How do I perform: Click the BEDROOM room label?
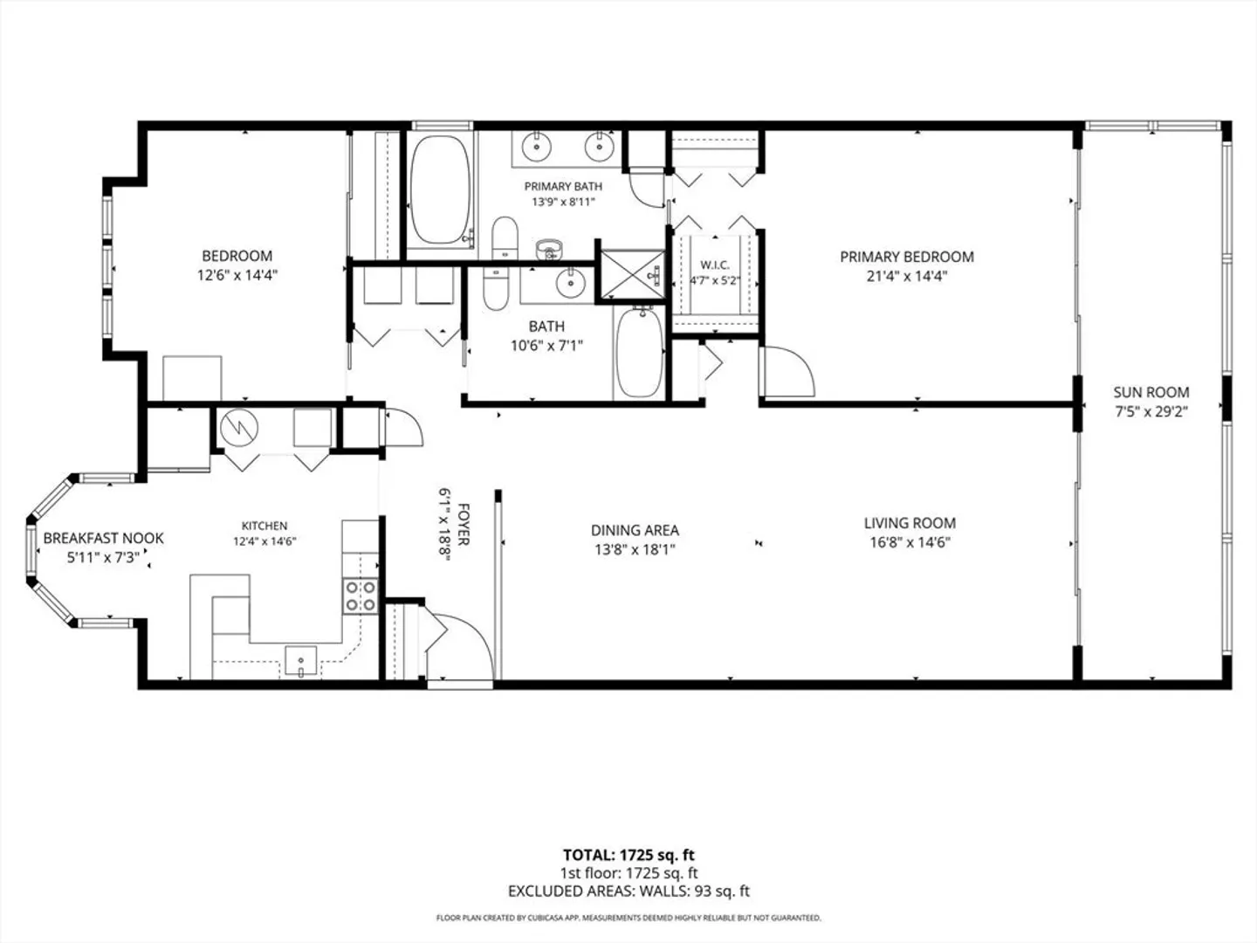(237, 255)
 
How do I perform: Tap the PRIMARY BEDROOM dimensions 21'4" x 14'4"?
(907, 276)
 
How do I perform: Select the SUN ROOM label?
(1151, 392)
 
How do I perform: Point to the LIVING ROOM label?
(910, 523)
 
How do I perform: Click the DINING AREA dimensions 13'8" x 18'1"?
(635, 550)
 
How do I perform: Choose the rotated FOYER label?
(464, 525)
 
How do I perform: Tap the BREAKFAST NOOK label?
(104, 538)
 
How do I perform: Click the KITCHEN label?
(264, 526)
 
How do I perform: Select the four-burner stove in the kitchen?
(361, 596)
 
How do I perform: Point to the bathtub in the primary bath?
(440, 189)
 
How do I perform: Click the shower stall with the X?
(632, 274)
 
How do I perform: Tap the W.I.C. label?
(715, 265)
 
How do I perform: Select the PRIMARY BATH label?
(564, 186)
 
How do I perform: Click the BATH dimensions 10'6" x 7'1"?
(547, 345)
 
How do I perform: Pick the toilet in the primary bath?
(505, 237)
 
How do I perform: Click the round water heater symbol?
(239, 427)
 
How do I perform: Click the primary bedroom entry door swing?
(787, 371)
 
